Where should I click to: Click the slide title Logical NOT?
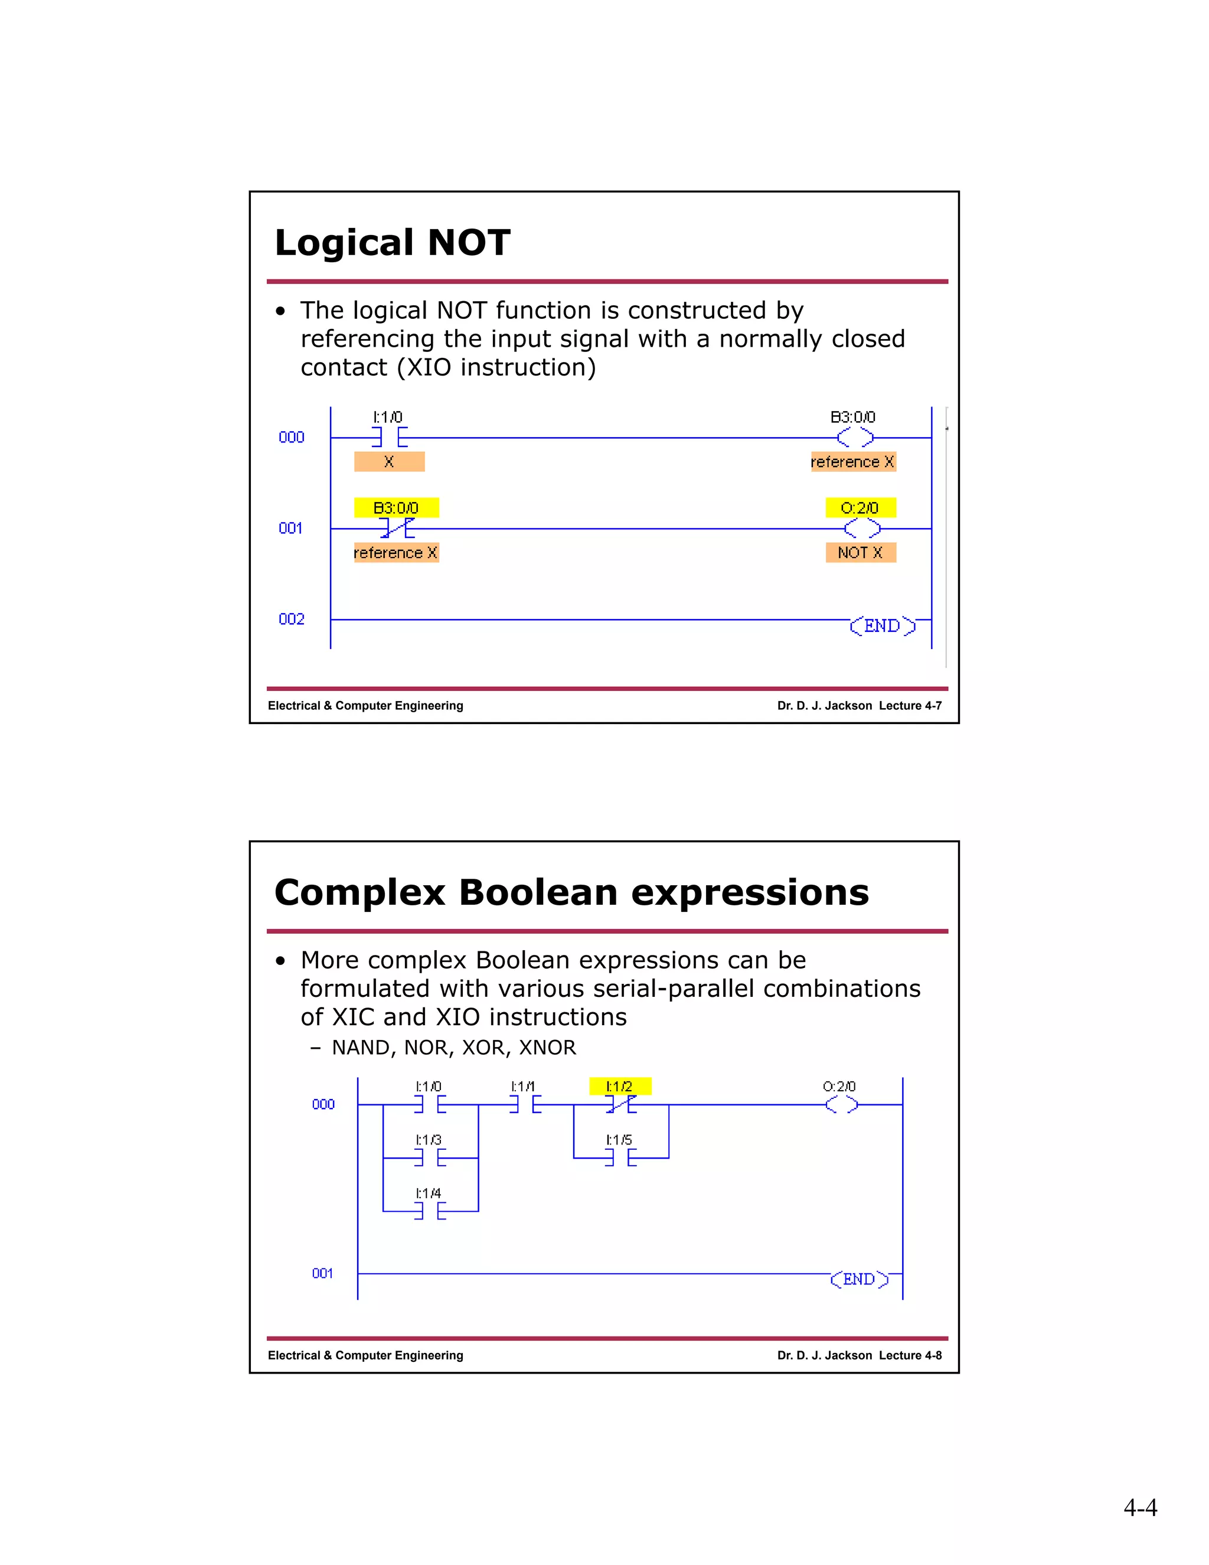coord(393,242)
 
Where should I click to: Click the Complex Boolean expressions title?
coord(571,892)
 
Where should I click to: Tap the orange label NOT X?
coord(860,553)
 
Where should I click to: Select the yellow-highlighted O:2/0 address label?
coord(860,508)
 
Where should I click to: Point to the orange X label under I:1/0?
coord(389,461)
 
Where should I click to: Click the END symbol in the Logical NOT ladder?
coord(883,625)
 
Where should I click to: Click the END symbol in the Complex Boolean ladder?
coord(859,1279)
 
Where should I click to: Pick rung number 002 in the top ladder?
coord(292,619)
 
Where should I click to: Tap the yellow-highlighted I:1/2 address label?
coord(619,1086)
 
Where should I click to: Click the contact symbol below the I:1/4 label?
coord(430,1211)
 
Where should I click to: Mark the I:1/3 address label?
coord(429,1139)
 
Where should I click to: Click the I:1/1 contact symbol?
coord(525,1105)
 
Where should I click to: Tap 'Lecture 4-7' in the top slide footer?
coord(910,706)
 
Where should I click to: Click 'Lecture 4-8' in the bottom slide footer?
coord(910,1355)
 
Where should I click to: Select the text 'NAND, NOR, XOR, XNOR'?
coord(453,1048)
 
